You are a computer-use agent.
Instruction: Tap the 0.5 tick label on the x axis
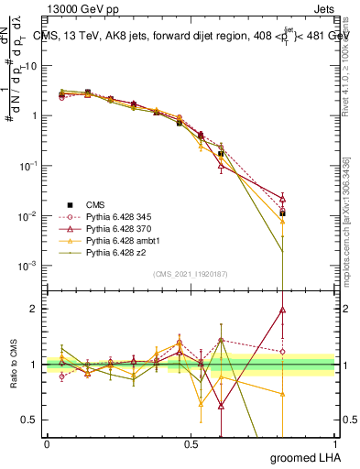[x=191, y=442]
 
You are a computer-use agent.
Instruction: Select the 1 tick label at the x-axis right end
[x=334, y=442]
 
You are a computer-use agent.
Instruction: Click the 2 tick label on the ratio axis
[x=33, y=309]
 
